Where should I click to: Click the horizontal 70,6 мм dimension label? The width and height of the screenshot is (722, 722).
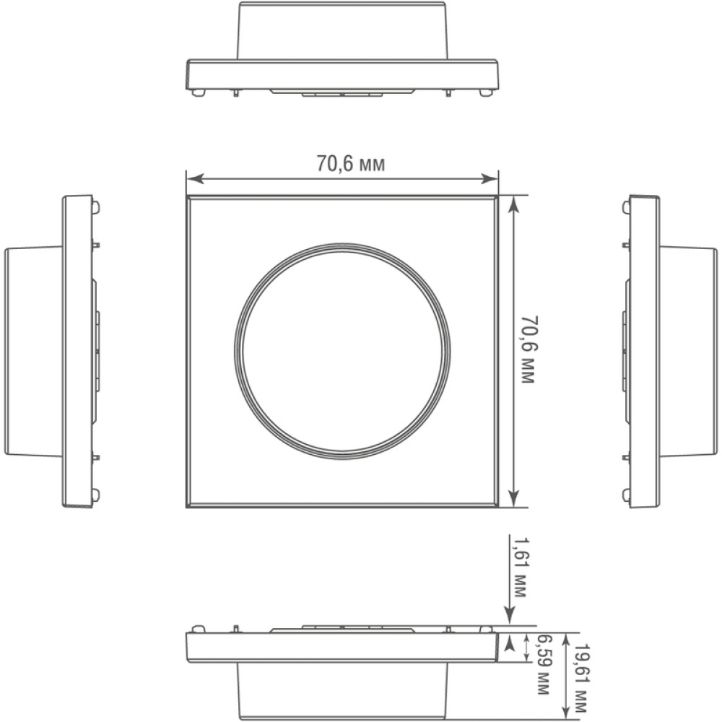click(350, 163)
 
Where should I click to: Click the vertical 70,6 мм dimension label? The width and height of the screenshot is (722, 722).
click(528, 349)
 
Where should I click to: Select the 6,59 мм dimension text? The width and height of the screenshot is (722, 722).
click(544, 665)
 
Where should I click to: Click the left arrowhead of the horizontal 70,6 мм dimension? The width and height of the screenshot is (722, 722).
click(195, 178)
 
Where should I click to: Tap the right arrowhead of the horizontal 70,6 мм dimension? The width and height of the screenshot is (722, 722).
click(490, 178)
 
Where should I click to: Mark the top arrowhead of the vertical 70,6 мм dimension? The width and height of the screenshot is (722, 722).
click(513, 204)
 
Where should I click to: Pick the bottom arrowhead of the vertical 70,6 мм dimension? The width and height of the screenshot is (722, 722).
click(513, 498)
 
